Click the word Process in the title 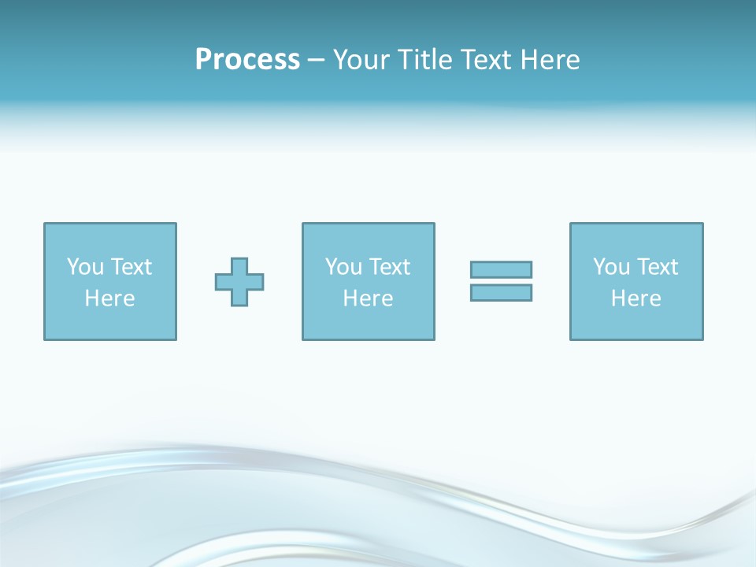(247, 60)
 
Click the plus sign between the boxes (239, 282)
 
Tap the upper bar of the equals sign (501, 269)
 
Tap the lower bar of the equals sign (501, 292)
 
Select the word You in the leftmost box (85, 267)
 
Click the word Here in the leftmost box (109, 298)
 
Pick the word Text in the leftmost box (130, 267)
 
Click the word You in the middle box (343, 267)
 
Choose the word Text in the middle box (389, 267)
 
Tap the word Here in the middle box (368, 298)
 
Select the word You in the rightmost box (611, 267)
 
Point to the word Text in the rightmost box (657, 267)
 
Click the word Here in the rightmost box (636, 298)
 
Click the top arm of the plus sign (239, 265)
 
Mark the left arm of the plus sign (223, 282)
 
